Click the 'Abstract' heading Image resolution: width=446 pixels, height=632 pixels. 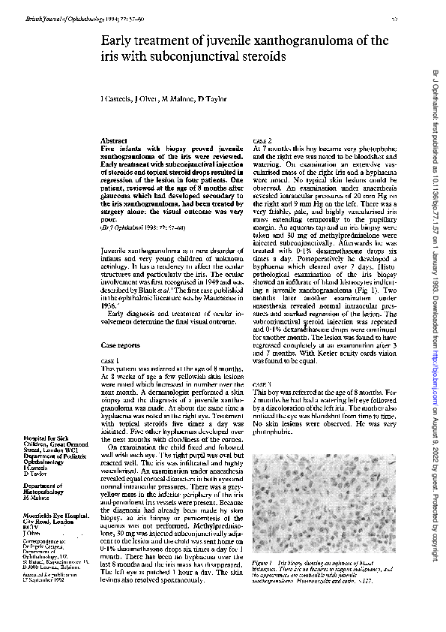click(x=115, y=140)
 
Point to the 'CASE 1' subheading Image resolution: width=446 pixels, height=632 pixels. click(x=111, y=361)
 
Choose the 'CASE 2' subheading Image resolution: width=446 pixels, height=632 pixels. click(x=263, y=140)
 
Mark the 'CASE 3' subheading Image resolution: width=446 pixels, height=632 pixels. click(x=263, y=384)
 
